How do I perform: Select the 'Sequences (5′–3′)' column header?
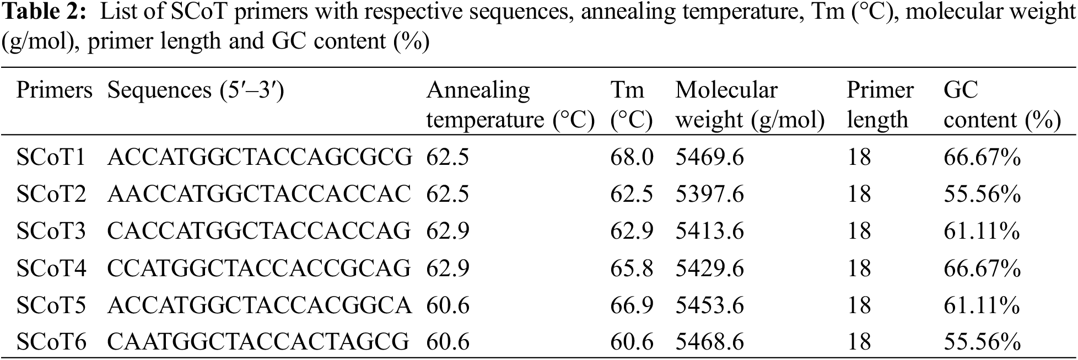[x=195, y=90]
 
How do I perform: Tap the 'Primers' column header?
[x=54, y=90]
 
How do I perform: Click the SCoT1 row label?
[x=51, y=158]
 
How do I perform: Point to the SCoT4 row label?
[x=51, y=268]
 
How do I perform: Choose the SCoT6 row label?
[x=51, y=342]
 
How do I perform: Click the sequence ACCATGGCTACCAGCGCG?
[x=259, y=158]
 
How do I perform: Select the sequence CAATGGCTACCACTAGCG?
[x=258, y=342]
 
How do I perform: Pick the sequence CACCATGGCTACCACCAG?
[x=258, y=231]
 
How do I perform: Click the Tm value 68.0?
[x=631, y=158]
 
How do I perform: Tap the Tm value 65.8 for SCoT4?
[x=631, y=268]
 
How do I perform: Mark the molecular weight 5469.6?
[x=709, y=158]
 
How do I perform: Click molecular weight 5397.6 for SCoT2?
[x=709, y=194]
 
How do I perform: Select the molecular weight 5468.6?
[x=709, y=342]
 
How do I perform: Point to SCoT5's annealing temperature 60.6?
[x=448, y=305]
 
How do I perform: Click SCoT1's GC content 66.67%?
[x=982, y=158]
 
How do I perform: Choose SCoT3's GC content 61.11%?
[x=982, y=231]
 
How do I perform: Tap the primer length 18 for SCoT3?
[x=859, y=231]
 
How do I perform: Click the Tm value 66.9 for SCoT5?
[x=631, y=305]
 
